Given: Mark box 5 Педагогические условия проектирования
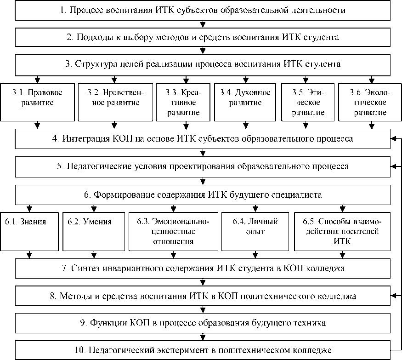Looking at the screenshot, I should [x=202, y=166].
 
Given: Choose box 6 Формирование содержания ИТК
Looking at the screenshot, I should [x=202, y=194].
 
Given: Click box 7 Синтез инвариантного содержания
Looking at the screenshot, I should [x=202, y=268].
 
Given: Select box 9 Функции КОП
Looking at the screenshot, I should [x=202, y=323].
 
